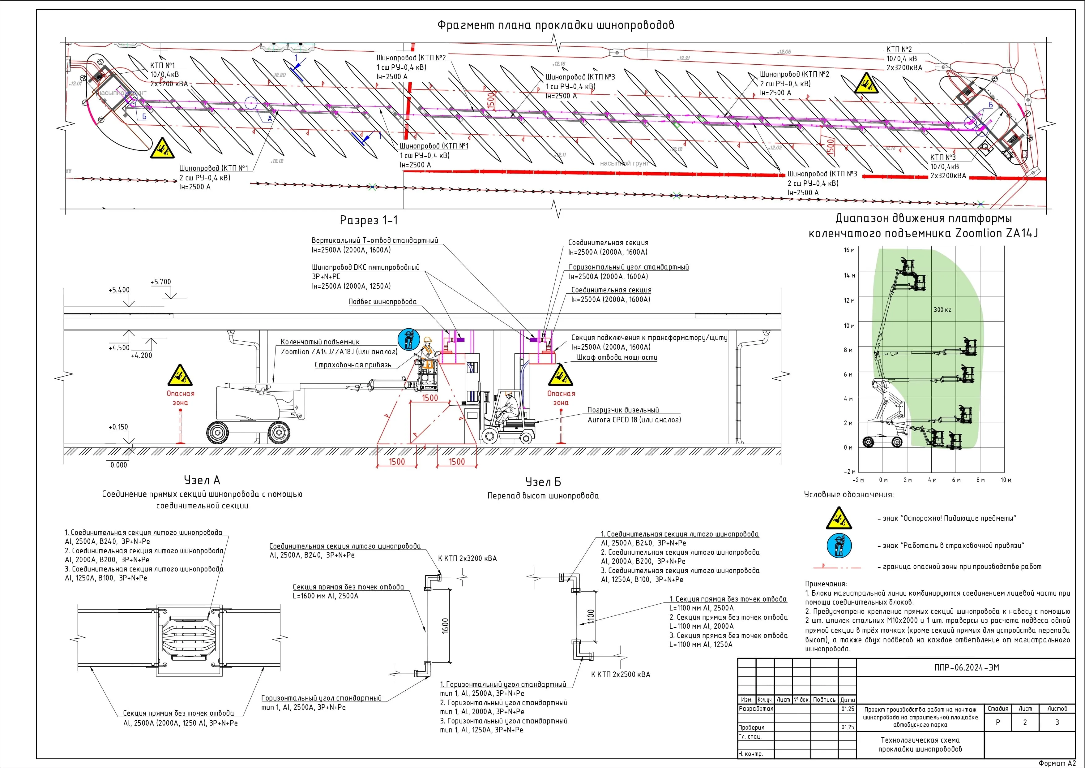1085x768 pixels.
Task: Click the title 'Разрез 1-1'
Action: coord(369,220)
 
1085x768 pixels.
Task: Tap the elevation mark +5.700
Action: coord(161,282)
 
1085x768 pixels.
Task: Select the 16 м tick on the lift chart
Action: coord(849,250)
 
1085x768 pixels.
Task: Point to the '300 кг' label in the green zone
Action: coord(942,310)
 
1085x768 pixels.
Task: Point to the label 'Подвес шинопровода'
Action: coord(382,302)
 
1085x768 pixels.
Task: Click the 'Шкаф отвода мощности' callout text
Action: coord(617,357)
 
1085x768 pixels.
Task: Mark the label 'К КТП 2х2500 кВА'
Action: coord(621,674)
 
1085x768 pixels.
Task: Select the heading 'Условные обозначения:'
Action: coord(849,495)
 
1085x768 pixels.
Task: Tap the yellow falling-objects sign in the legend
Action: coord(839,518)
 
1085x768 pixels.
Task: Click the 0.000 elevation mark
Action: coord(119,465)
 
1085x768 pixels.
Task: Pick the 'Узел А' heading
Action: coord(202,480)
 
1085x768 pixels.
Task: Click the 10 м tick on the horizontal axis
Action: coord(1006,480)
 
